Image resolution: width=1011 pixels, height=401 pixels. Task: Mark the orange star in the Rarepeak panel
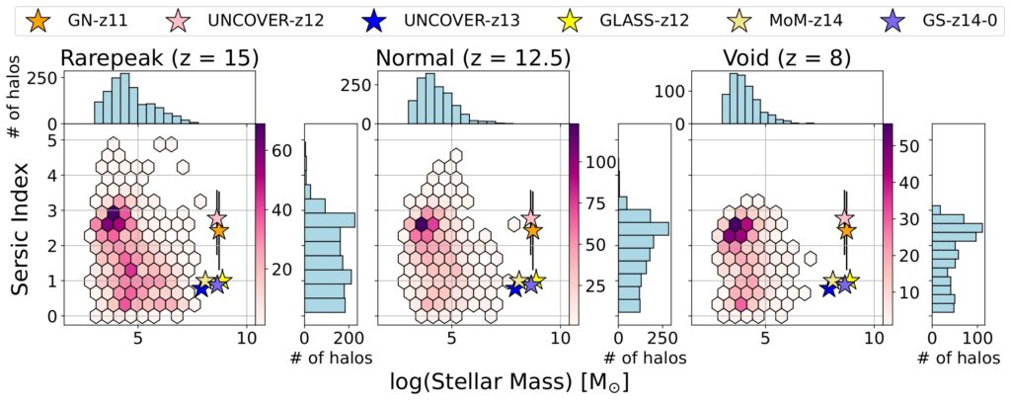(218, 231)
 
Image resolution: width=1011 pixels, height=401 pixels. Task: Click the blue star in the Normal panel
(515, 287)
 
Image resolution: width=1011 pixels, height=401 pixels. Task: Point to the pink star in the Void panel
(845, 218)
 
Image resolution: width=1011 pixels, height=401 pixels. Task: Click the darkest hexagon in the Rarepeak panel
(113, 215)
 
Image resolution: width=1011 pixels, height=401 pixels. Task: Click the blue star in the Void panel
(828, 288)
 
